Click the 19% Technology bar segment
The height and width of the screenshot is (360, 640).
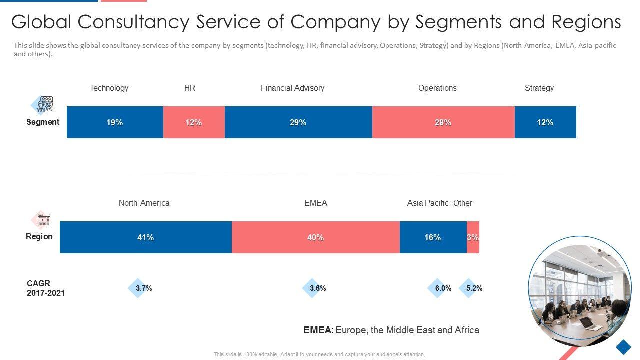(x=115, y=122)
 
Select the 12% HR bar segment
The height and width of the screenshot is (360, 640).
(x=194, y=122)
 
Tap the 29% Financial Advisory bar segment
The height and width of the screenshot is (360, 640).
(x=298, y=122)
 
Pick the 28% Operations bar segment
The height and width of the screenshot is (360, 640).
(x=443, y=122)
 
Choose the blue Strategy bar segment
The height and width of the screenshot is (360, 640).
(x=545, y=122)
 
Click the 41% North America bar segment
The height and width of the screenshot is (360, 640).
(x=145, y=237)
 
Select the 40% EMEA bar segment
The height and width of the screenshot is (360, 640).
(x=315, y=237)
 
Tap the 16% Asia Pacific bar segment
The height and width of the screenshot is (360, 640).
(x=433, y=237)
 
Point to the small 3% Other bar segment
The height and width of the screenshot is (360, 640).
(x=473, y=237)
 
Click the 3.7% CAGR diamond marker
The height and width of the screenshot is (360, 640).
(x=137, y=288)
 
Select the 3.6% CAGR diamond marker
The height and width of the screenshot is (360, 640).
(x=312, y=288)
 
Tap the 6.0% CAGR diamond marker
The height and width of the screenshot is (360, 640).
(x=437, y=288)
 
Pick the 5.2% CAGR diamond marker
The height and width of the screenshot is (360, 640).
(x=468, y=288)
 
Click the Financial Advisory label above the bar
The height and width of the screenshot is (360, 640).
(x=292, y=88)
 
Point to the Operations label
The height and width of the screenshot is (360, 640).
(x=437, y=88)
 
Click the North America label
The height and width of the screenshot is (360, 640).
(x=144, y=203)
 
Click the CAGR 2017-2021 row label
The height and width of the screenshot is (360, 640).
(x=46, y=288)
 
